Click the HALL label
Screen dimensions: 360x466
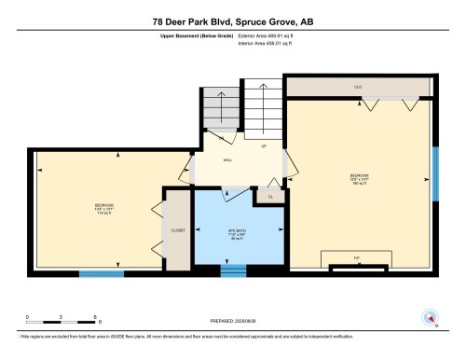click(x=227, y=160)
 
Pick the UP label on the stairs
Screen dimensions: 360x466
click(x=264, y=146)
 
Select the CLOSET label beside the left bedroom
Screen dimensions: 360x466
click(x=178, y=229)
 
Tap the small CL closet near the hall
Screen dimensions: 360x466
click(x=270, y=197)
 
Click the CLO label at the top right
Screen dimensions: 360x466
click(x=358, y=87)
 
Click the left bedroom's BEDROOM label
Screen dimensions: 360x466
click(x=104, y=206)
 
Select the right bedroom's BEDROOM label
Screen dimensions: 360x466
click(x=360, y=177)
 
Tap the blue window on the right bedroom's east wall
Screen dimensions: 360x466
click(x=434, y=173)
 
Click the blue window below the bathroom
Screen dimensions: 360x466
click(x=233, y=271)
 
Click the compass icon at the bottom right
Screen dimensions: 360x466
click(x=429, y=317)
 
